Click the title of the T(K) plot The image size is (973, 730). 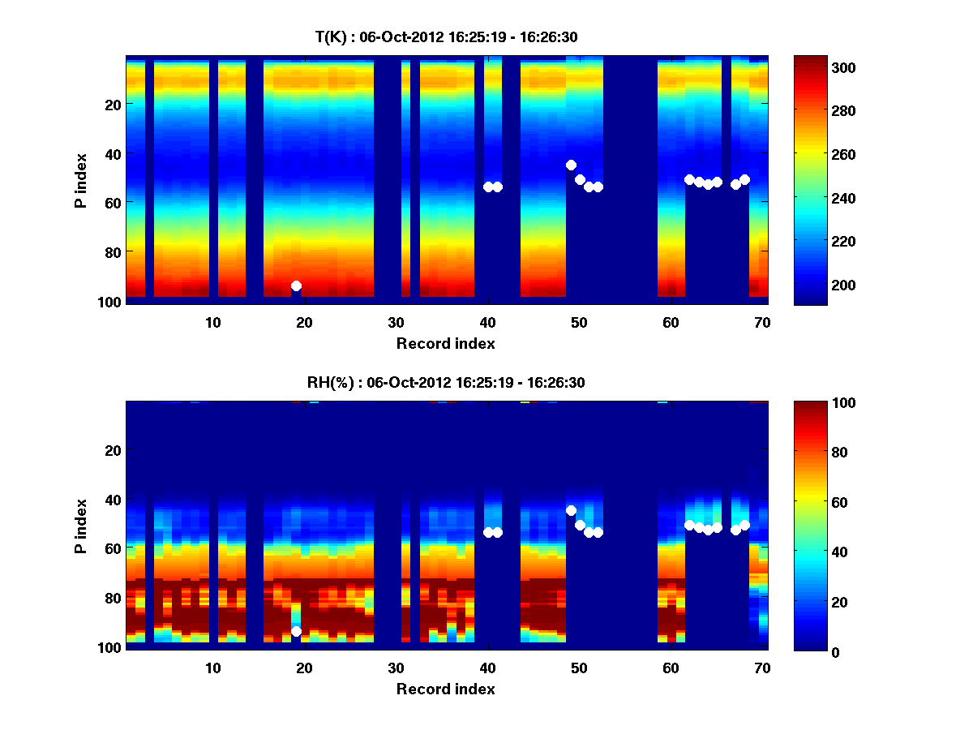446,36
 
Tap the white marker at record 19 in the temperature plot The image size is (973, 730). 296,286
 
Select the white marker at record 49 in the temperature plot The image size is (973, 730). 571,165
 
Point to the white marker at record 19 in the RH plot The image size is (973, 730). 296,631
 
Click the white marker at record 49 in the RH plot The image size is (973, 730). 571,510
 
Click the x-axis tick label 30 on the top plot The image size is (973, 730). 396,321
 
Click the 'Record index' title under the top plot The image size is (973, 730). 445,343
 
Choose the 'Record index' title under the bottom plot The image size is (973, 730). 445,689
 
